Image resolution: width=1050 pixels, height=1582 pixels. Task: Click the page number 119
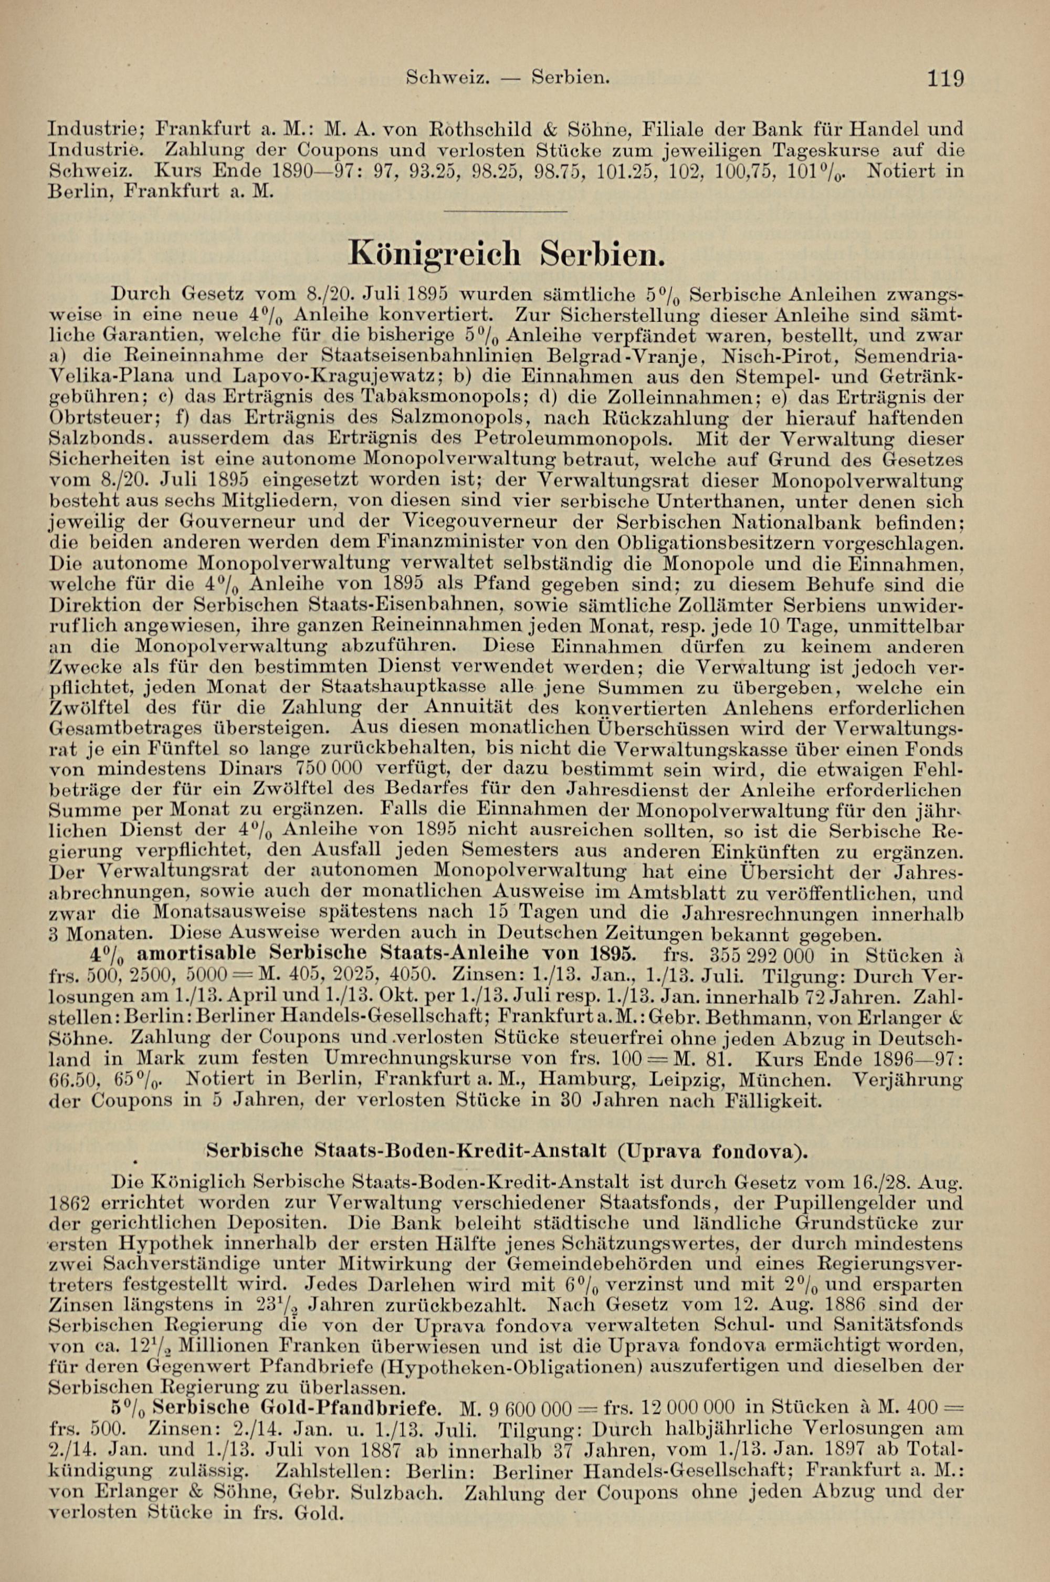[946, 79]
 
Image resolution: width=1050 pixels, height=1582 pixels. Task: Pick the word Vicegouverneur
[501, 521]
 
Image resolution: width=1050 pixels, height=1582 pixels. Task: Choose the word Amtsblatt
[659, 893]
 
